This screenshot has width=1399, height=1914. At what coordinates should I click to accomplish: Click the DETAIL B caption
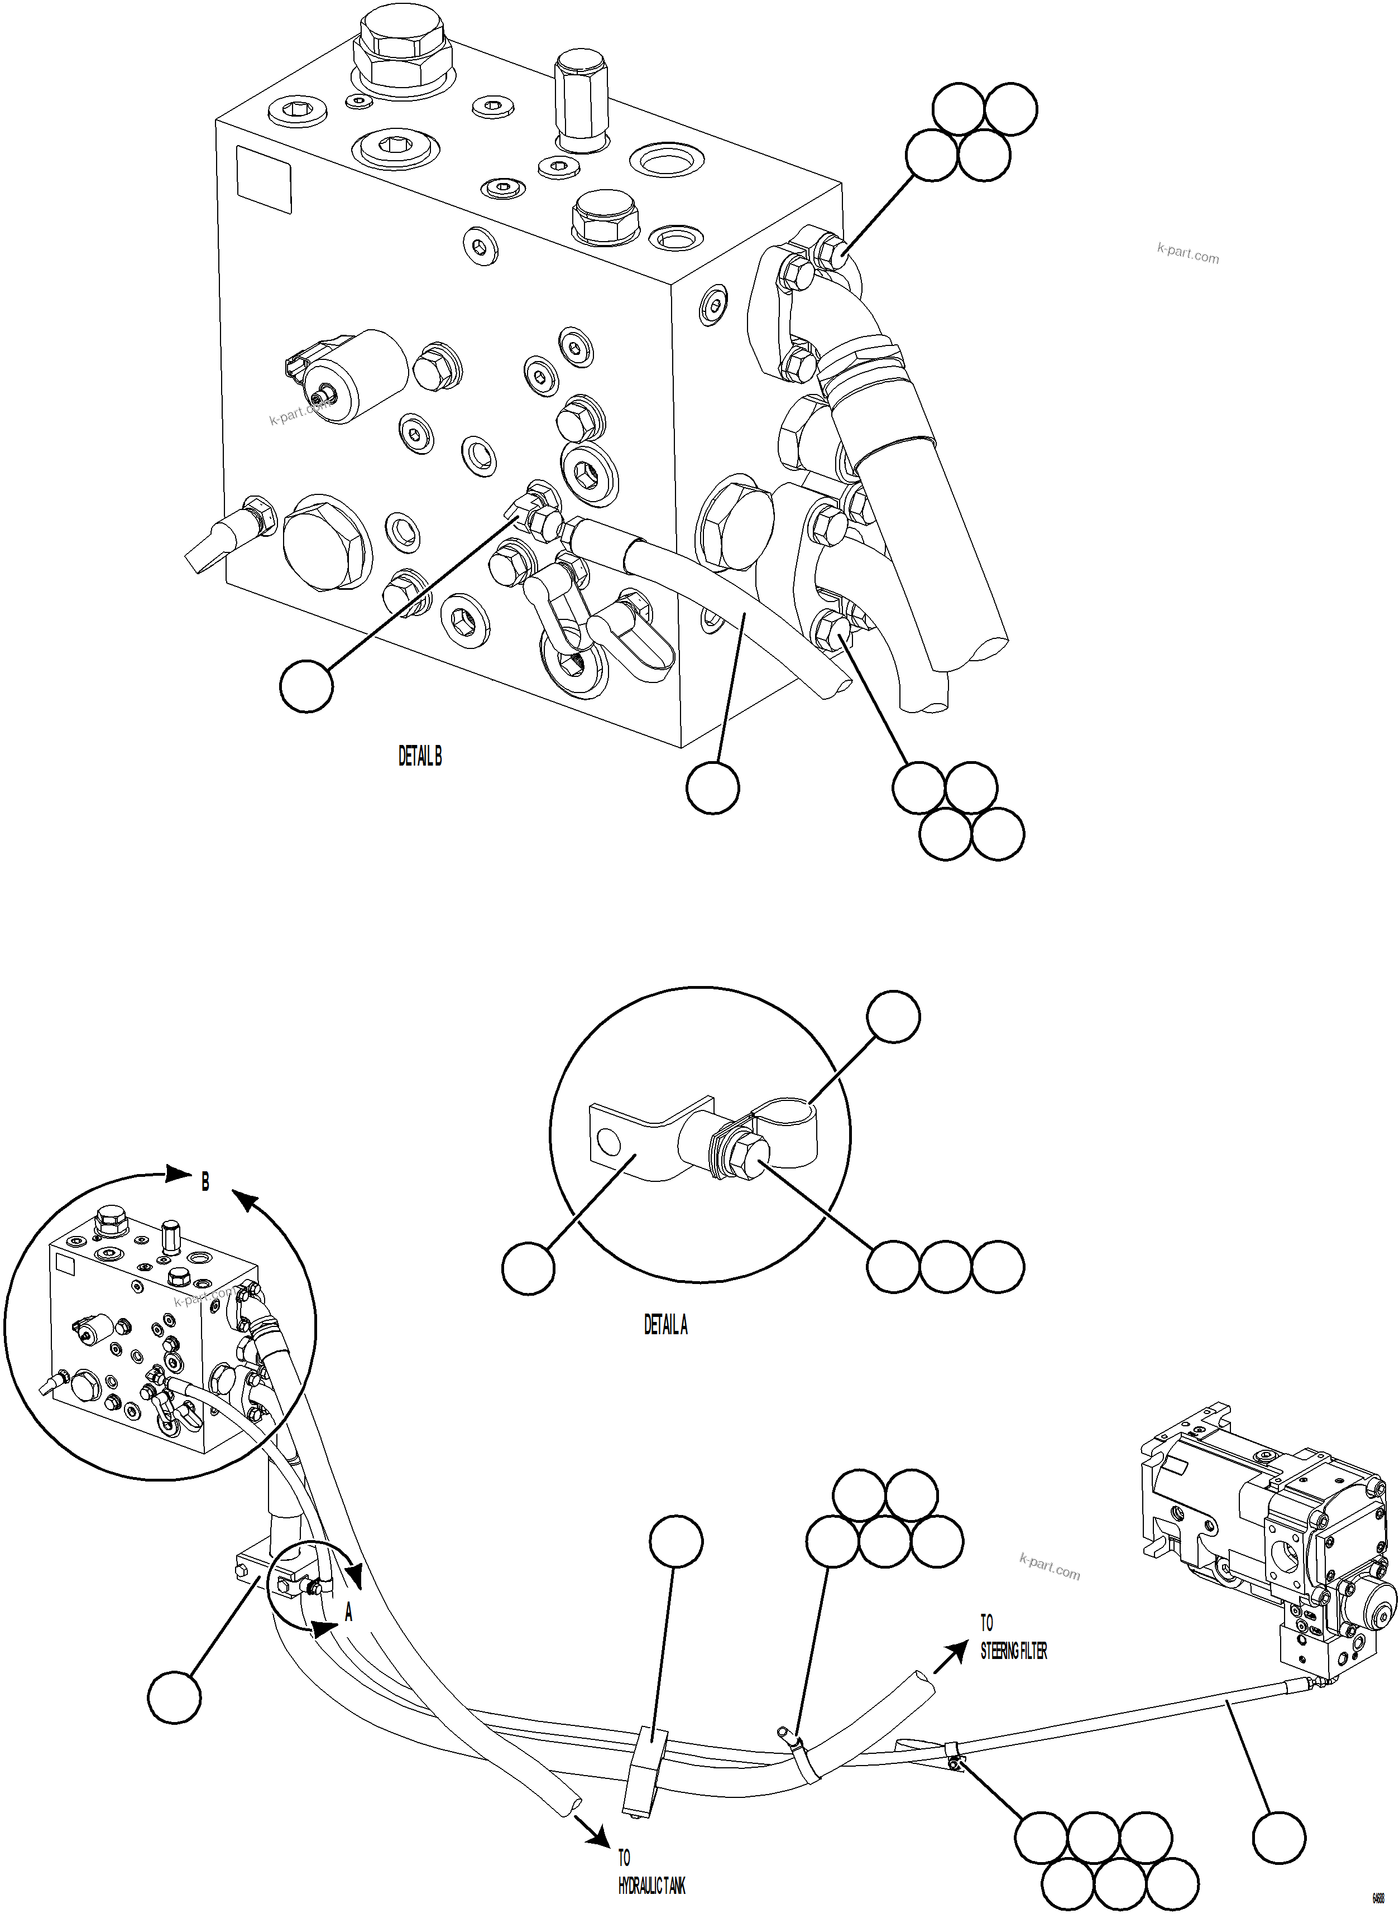[x=420, y=757]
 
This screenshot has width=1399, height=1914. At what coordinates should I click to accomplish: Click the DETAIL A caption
[x=665, y=1325]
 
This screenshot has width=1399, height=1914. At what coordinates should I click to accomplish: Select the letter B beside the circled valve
[x=205, y=1182]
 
